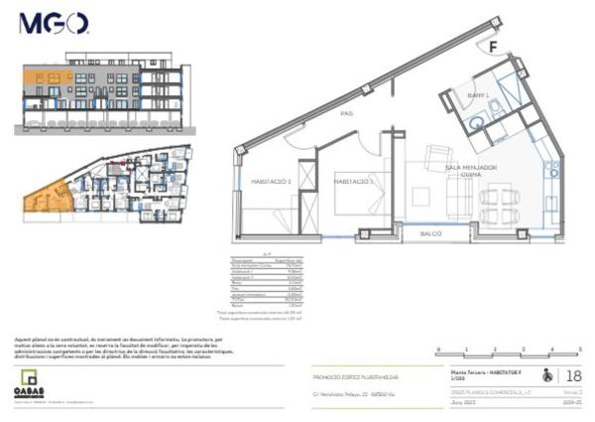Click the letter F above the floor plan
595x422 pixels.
point(492,46)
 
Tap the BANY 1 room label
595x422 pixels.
point(479,95)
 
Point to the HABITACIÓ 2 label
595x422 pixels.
point(269,182)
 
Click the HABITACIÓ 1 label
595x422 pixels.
point(352,182)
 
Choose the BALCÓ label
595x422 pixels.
point(429,233)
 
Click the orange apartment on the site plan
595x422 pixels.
point(45,197)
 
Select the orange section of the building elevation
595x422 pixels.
point(48,76)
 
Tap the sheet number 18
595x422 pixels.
point(574,375)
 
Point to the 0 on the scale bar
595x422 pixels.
point(437,350)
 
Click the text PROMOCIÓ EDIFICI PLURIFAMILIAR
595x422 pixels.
point(354,376)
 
